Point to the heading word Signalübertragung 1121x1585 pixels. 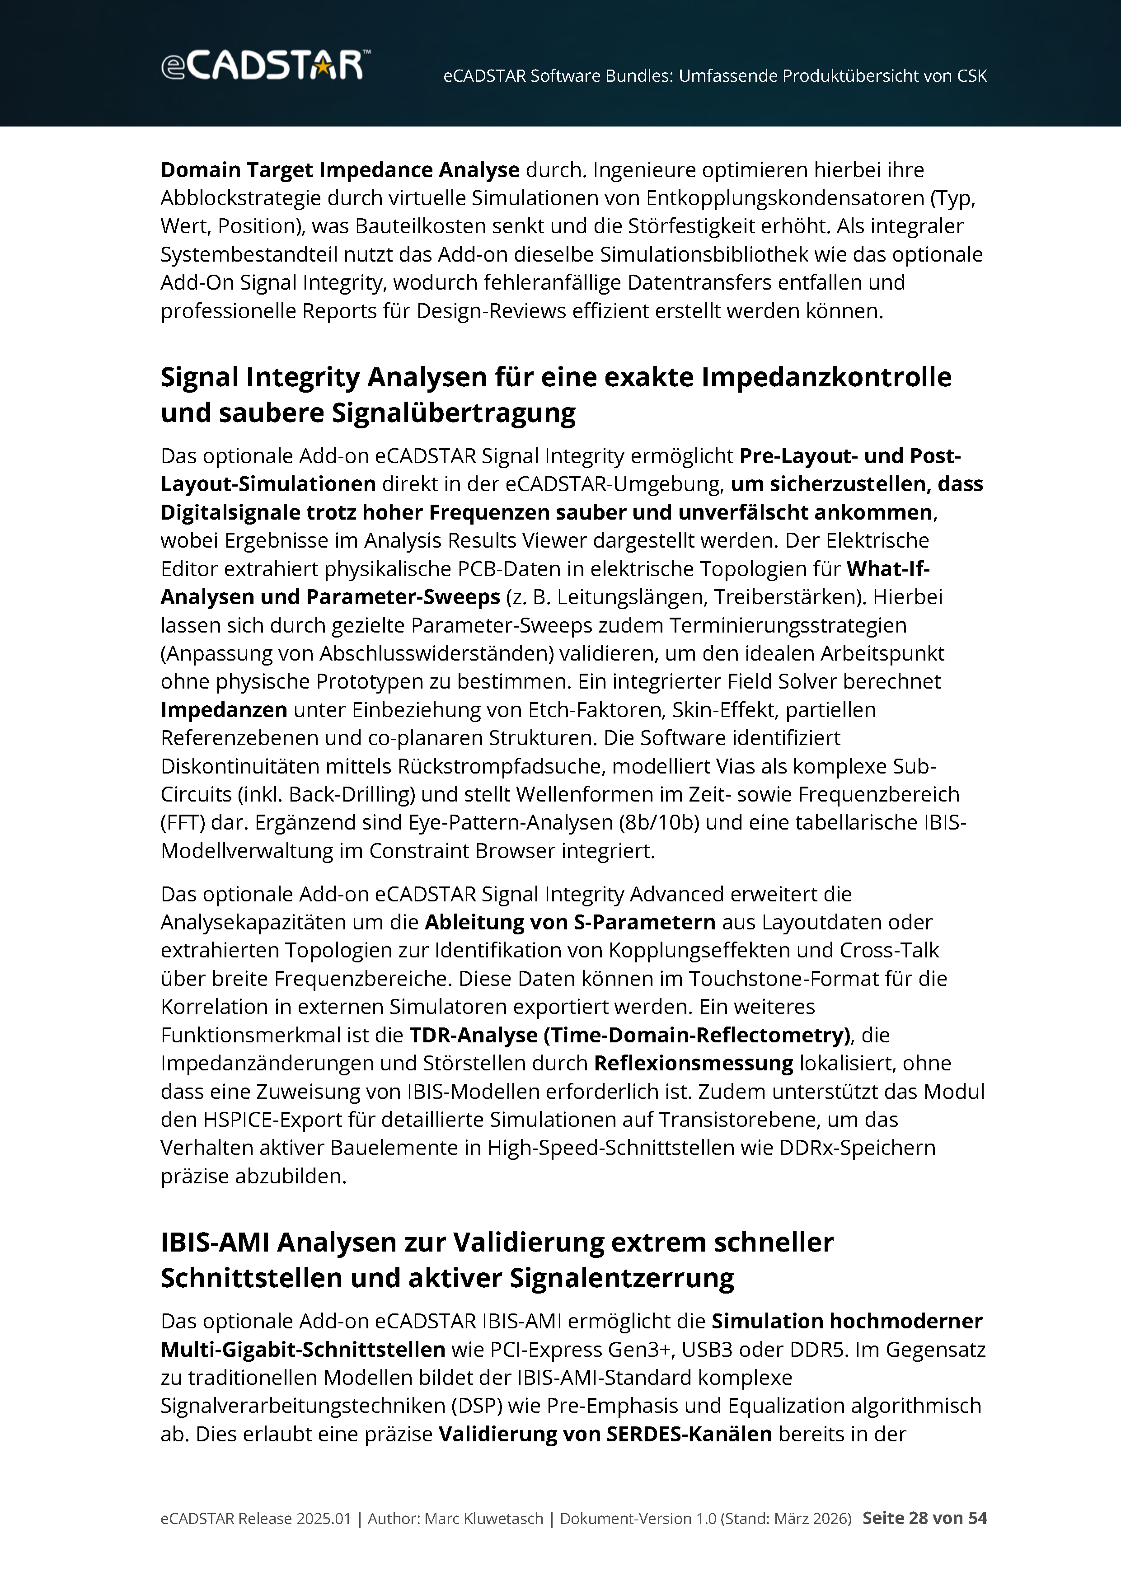click(454, 413)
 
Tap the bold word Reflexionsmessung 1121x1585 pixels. click(693, 1063)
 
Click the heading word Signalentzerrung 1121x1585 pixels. click(622, 1279)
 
